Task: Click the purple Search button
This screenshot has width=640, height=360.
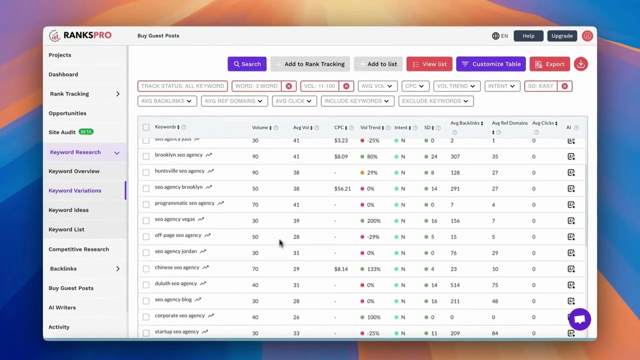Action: pos(247,64)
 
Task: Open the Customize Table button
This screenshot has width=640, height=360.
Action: pos(490,64)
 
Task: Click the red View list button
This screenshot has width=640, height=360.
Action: pos(429,64)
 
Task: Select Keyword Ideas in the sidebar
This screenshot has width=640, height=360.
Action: pos(68,210)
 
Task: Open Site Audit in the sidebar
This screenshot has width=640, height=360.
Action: pos(62,132)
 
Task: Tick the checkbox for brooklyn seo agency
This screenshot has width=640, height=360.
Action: pos(146,156)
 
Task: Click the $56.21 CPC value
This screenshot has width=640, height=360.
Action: pos(342,188)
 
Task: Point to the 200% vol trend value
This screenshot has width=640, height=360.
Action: pos(373,220)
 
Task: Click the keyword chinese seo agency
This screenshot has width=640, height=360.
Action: pos(177,267)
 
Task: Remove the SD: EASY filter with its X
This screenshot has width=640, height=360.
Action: pos(564,86)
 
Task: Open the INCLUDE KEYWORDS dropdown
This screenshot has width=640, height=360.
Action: pos(357,101)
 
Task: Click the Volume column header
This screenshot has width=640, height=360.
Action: pos(260,127)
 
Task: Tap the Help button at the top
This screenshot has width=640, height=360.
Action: pos(528,36)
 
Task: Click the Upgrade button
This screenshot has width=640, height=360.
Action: pos(562,36)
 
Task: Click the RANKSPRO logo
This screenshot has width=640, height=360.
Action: pos(80,35)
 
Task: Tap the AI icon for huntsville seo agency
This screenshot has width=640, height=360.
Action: pos(571,172)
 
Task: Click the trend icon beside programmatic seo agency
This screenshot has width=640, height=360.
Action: pos(220,203)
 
